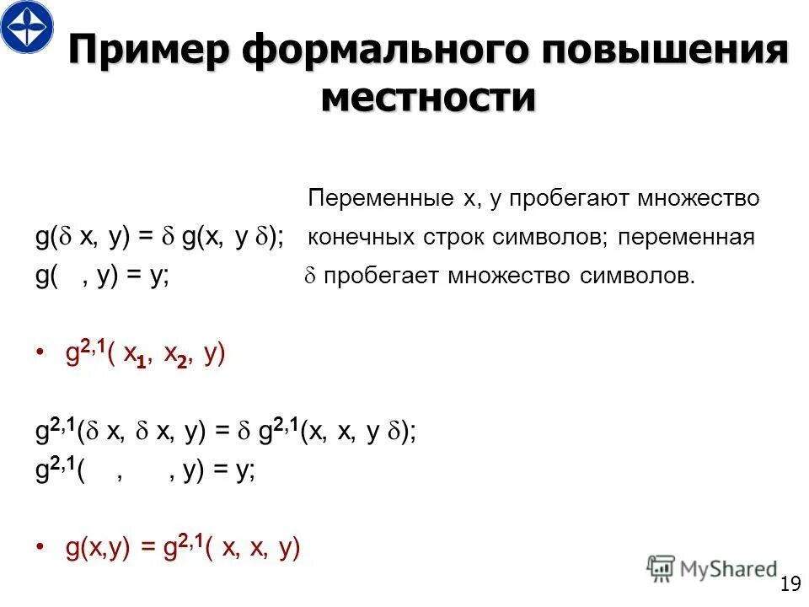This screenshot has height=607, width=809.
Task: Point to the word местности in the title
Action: (428, 98)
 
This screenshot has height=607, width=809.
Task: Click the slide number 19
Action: (790, 584)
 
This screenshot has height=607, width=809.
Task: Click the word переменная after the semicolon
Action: (686, 238)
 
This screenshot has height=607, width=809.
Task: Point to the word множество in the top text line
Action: (700, 199)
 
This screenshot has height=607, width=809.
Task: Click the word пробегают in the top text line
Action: (551, 199)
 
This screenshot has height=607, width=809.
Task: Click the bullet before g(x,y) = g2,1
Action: (41, 550)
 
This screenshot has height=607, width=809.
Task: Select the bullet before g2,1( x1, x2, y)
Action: (41, 355)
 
